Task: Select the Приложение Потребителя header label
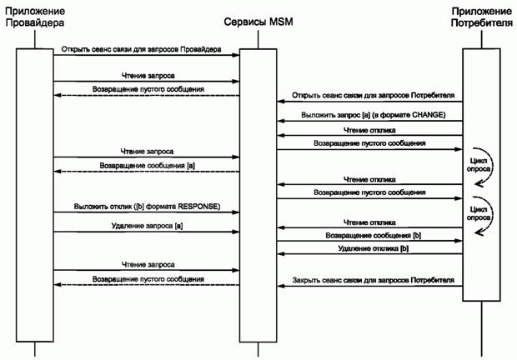(x=481, y=17)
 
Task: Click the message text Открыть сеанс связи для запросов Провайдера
(x=141, y=50)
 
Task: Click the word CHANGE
(x=434, y=113)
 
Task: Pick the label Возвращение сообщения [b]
(x=374, y=236)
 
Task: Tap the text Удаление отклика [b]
(x=374, y=249)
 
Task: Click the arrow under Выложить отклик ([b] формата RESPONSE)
(x=147, y=212)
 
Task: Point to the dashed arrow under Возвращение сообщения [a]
(x=147, y=172)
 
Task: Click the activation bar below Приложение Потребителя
(x=481, y=175)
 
